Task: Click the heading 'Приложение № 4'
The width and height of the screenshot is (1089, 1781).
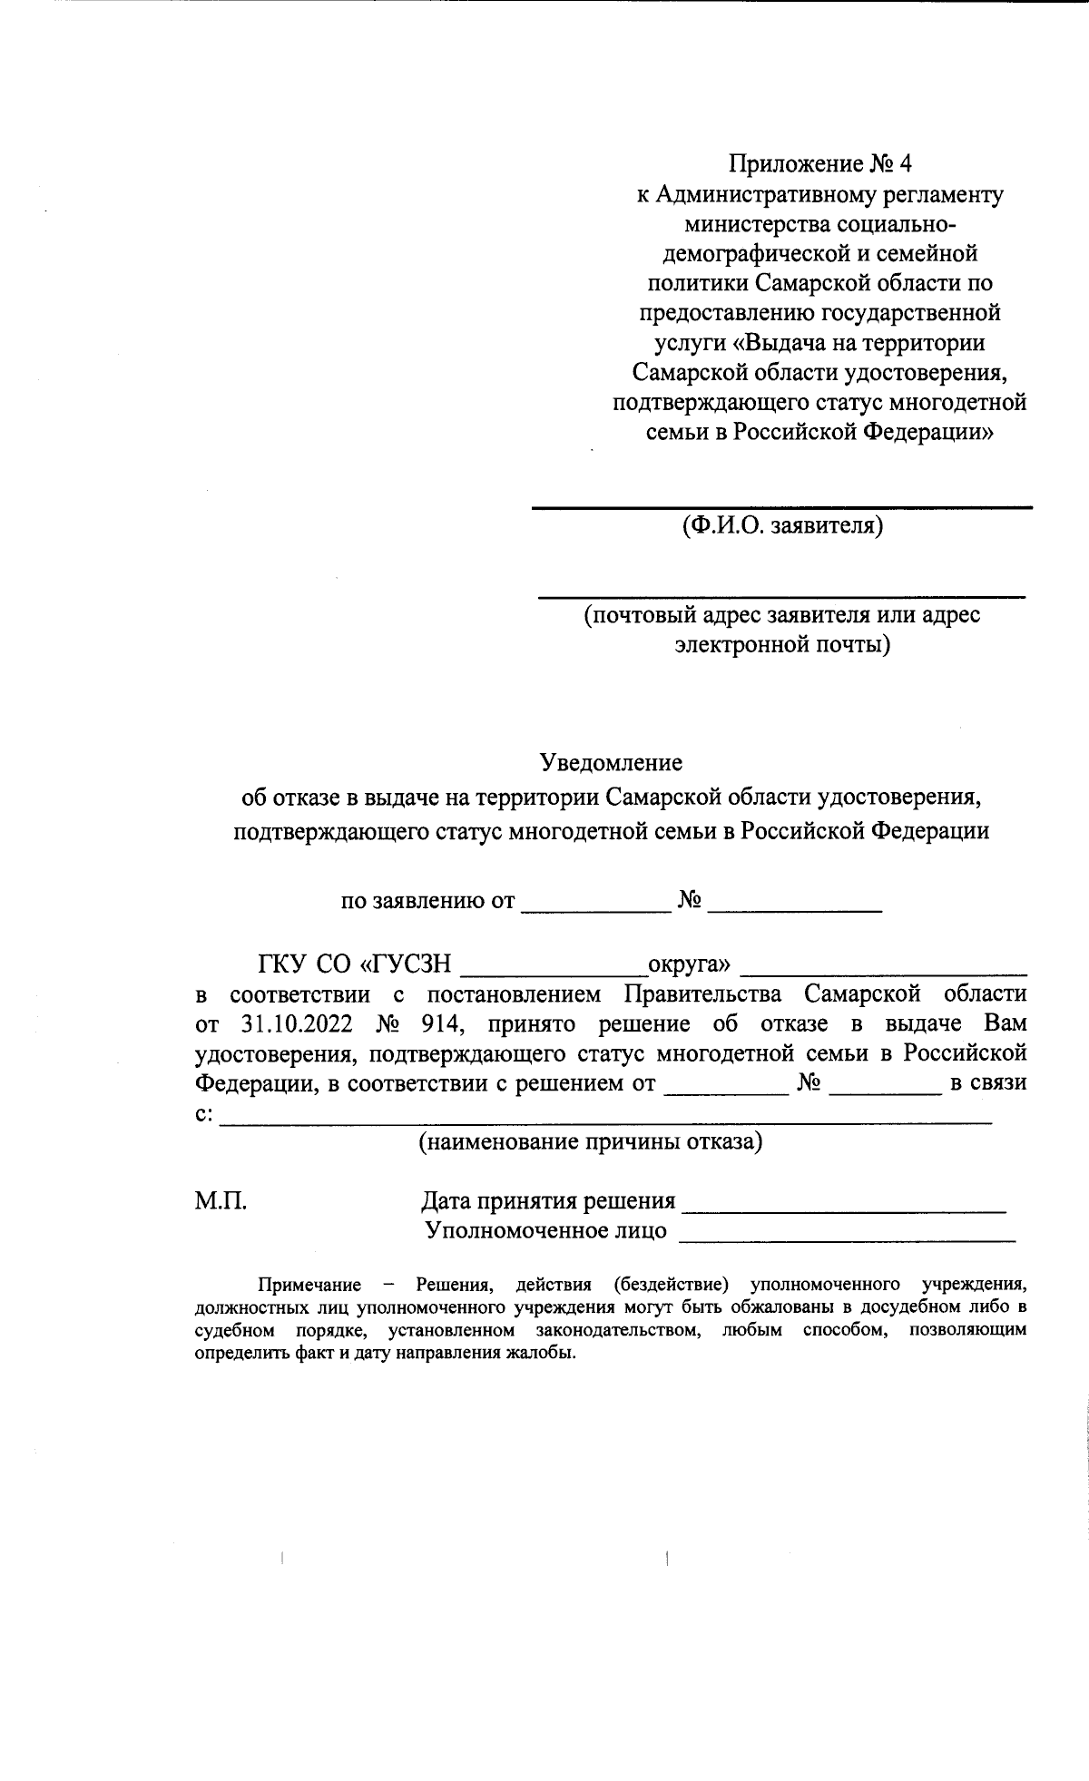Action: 819,164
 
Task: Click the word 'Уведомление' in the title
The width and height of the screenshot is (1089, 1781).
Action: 612,762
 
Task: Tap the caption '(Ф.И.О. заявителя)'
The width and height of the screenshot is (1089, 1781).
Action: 782,525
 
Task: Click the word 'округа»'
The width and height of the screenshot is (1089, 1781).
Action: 689,963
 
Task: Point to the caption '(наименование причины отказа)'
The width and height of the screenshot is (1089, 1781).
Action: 590,1141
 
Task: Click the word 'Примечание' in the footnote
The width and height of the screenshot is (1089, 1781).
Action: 309,1285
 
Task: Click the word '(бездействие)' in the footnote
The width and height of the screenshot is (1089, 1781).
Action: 672,1285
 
